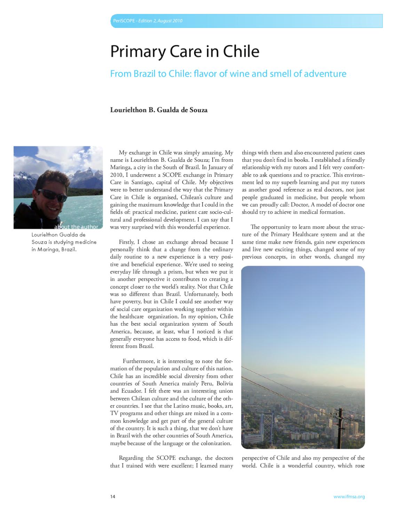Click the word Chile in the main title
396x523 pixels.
point(241,52)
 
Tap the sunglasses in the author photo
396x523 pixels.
point(48,194)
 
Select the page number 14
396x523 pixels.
point(113,497)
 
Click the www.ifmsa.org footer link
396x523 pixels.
point(349,497)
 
